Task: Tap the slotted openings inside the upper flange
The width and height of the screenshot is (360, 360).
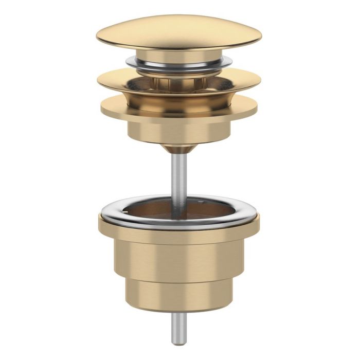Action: pyautogui.click(x=178, y=82)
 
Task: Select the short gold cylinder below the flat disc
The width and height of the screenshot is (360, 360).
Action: pyautogui.click(x=178, y=131)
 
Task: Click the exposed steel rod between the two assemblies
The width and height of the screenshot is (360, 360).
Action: pyautogui.click(x=178, y=175)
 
